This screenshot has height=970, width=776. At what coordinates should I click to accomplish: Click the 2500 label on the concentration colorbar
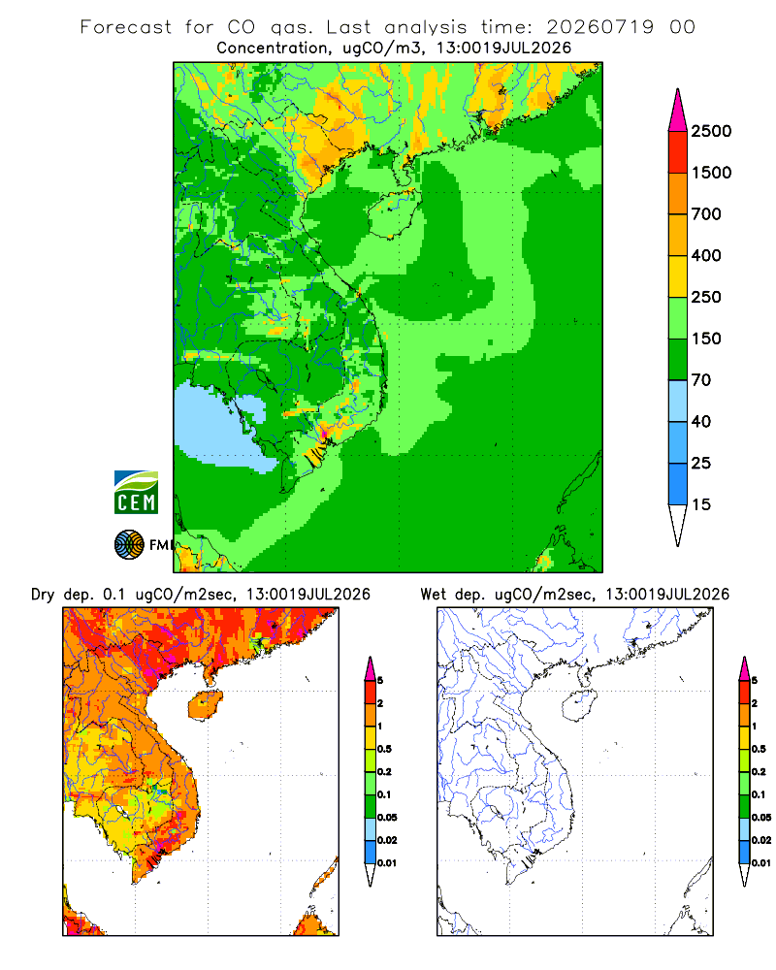pos(711,131)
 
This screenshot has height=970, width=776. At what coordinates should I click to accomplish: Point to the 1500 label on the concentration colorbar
pos(711,173)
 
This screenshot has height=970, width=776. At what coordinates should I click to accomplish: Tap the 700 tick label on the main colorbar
pos(706,214)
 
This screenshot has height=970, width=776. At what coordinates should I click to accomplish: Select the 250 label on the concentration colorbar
pos(706,297)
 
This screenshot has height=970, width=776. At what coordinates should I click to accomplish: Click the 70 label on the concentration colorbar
pos(701,380)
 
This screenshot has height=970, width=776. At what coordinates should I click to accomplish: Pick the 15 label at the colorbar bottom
pos(701,504)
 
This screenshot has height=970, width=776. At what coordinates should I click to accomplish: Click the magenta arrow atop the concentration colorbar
pos(678,111)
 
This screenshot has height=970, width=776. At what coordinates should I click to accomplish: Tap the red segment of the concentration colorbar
pos(678,152)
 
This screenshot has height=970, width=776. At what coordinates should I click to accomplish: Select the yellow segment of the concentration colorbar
pos(678,276)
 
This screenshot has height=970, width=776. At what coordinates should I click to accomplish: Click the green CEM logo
pos(136,493)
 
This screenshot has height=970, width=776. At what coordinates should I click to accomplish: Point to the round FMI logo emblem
pos(129,545)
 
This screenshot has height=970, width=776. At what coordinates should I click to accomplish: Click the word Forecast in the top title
pos(126,27)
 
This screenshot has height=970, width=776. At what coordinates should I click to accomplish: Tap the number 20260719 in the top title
pos(599,27)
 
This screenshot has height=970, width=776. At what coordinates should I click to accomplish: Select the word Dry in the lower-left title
pos(44,595)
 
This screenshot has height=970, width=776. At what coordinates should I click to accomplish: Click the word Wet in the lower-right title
pos(434,595)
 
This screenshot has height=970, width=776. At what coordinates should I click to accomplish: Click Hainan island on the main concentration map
pos(394,212)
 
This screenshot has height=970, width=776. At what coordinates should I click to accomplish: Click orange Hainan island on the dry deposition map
pos(205,705)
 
